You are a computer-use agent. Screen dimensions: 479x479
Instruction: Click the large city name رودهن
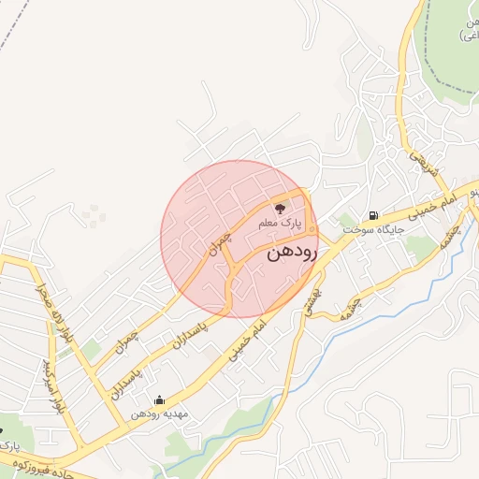pos(292,253)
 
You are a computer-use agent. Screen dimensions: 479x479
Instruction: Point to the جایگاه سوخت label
pos(372,229)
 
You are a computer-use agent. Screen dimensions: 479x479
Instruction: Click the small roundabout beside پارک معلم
pos(312,227)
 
